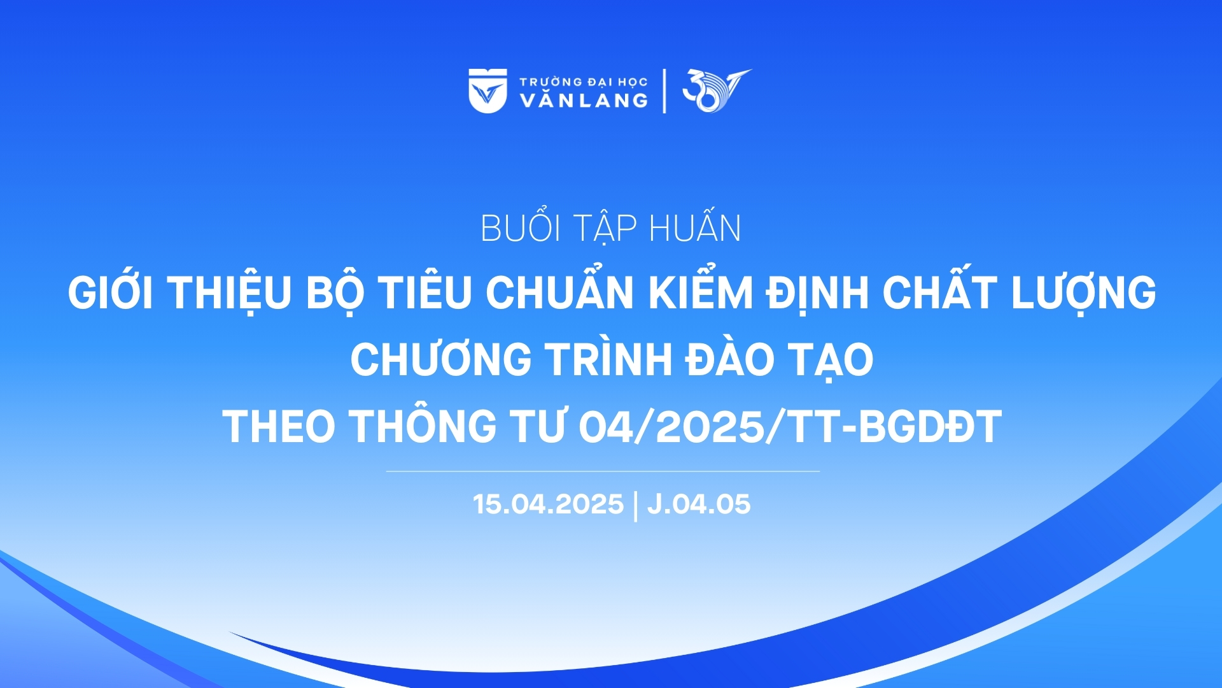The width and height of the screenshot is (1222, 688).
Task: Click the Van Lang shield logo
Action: coord(488,90)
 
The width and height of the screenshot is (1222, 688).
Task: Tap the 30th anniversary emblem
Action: coord(716,90)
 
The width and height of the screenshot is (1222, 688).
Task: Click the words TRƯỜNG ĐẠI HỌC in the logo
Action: coord(583,81)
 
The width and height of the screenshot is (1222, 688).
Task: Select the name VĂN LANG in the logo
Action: coord(584,100)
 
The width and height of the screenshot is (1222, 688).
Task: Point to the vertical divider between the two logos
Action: coord(664,90)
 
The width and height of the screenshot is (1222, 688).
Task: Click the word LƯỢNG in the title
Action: coord(1083,293)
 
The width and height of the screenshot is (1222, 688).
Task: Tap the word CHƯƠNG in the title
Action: coord(440,359)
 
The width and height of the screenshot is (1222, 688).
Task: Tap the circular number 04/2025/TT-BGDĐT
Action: coord(790,426)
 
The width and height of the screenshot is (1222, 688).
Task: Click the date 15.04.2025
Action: coord(548,504)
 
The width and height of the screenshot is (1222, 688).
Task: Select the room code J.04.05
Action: coord(699,504)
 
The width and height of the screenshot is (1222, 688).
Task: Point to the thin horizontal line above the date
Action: coord(603,471)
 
